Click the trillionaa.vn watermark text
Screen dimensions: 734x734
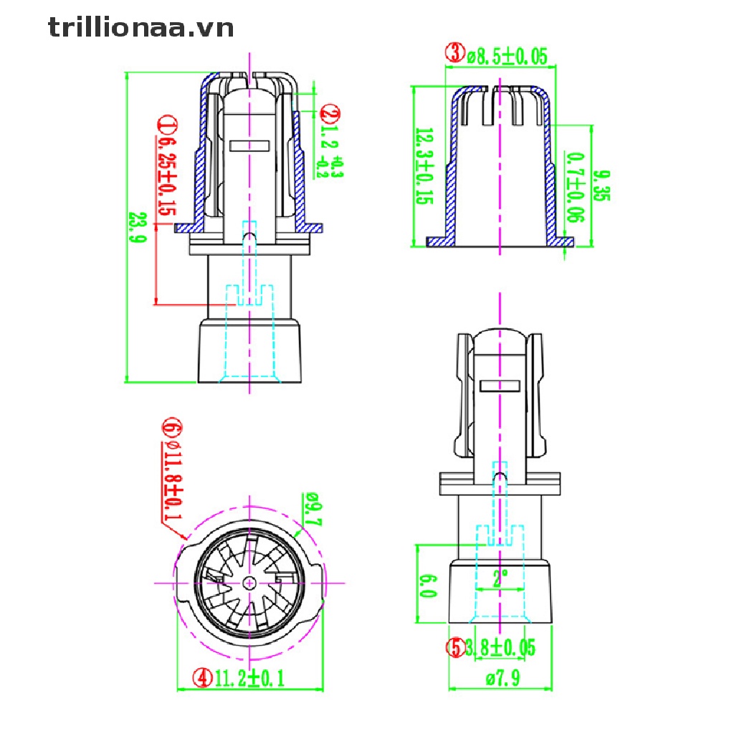(x=141, y=28)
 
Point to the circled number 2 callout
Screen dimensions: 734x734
(x=330, y=113)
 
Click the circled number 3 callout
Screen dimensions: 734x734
(x=454, y=52)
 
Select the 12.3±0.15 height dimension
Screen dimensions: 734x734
(x=424, y=166)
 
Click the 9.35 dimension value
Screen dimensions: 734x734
(x=603, y=185)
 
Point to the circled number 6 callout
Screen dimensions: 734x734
(x=171, y=428)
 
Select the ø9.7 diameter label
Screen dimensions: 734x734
(x=313, y=510)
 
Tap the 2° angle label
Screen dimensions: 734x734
(x=500, y=575)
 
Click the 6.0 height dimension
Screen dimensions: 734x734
(x=429, y=584)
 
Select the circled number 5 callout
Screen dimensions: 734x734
(x=454, y=648)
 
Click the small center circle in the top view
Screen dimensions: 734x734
(x=249, y=583)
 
